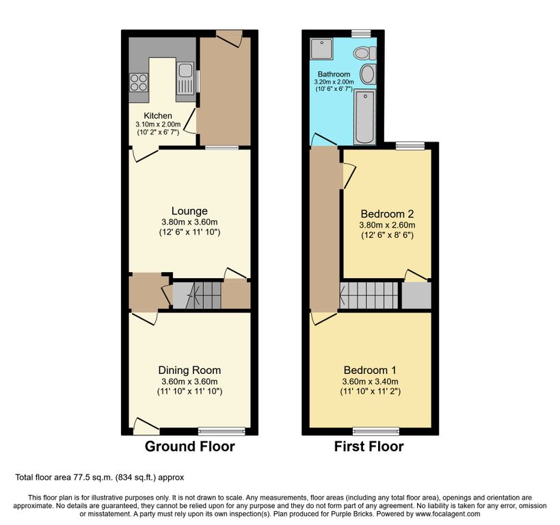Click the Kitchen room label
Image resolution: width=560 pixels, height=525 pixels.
pos(158,116)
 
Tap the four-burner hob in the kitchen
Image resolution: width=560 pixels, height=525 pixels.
pos(139,82)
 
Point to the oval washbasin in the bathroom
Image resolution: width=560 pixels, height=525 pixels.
pos(367,75)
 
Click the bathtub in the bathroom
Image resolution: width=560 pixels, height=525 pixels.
pos(364,117)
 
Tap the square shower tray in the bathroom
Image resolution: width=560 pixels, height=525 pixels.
pos(321,49)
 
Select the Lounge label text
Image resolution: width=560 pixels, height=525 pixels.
pos(189,211)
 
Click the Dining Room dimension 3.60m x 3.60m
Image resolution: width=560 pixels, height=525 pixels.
pos(189,381)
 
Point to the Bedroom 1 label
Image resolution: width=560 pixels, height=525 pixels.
pos(370,370)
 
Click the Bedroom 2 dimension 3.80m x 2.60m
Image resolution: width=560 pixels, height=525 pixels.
pos(387,225)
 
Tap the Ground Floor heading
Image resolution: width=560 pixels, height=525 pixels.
pos(189,446)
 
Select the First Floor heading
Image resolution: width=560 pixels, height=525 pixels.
pos(369,446)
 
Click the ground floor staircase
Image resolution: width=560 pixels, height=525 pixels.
pos(197,295)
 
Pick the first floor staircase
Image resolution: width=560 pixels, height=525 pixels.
pos(369,295)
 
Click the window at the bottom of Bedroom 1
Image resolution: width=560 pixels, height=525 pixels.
pos(376,431)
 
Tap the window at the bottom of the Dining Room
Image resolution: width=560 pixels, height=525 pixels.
pos(222,431)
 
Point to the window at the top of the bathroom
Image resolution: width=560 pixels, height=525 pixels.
pos(361,33)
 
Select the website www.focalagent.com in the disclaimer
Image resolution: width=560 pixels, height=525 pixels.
pos(447,514)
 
